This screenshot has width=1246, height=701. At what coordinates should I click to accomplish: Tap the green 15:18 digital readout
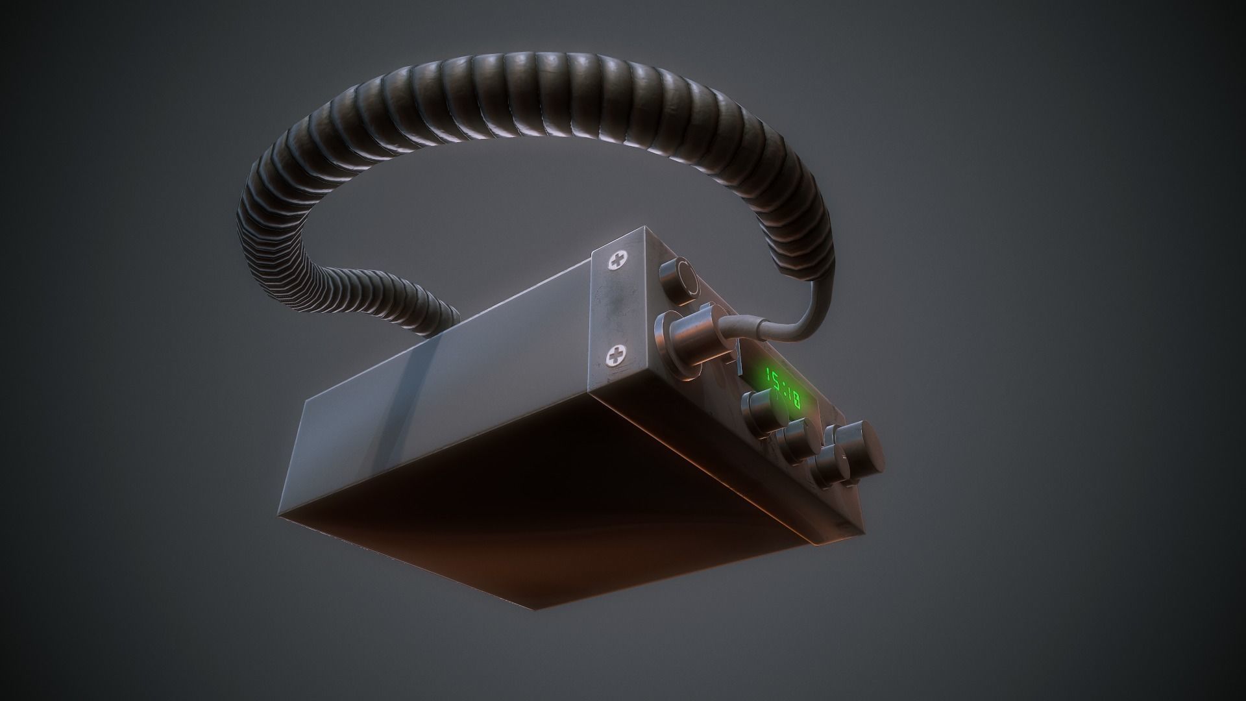(x=781, y=388)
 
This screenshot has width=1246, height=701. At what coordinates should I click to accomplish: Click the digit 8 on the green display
(x=793, y=400)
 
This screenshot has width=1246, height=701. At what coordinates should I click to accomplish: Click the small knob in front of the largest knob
(x=830, y=469)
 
